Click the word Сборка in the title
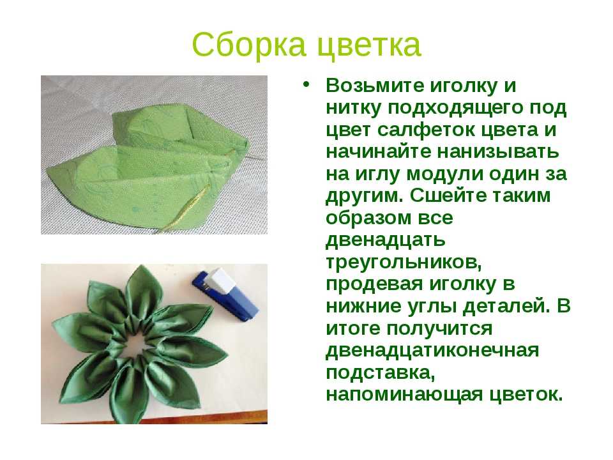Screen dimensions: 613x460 [x=248, y=44]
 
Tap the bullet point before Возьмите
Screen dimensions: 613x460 [x=306, y=84]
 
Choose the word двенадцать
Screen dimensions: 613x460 [x=385, y=240]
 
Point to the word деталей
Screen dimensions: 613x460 [x=504, y=306]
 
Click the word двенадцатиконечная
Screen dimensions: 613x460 [x=432, y=351]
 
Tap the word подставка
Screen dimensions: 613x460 [x=381, y=372]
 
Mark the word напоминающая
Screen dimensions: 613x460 [x=404, y=394]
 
